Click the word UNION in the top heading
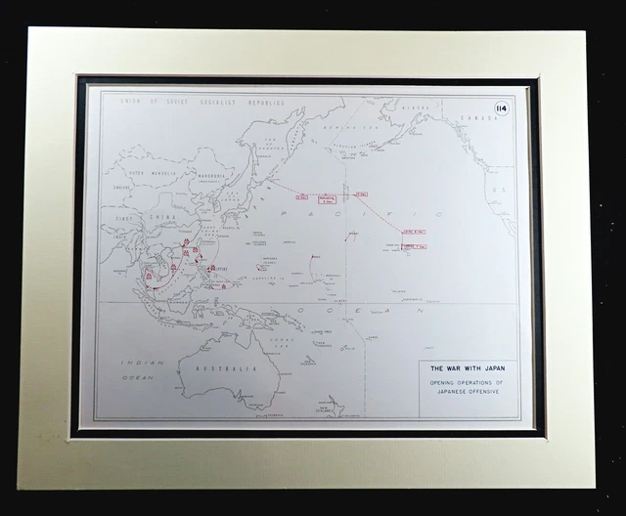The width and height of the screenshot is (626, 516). (129, 100)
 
